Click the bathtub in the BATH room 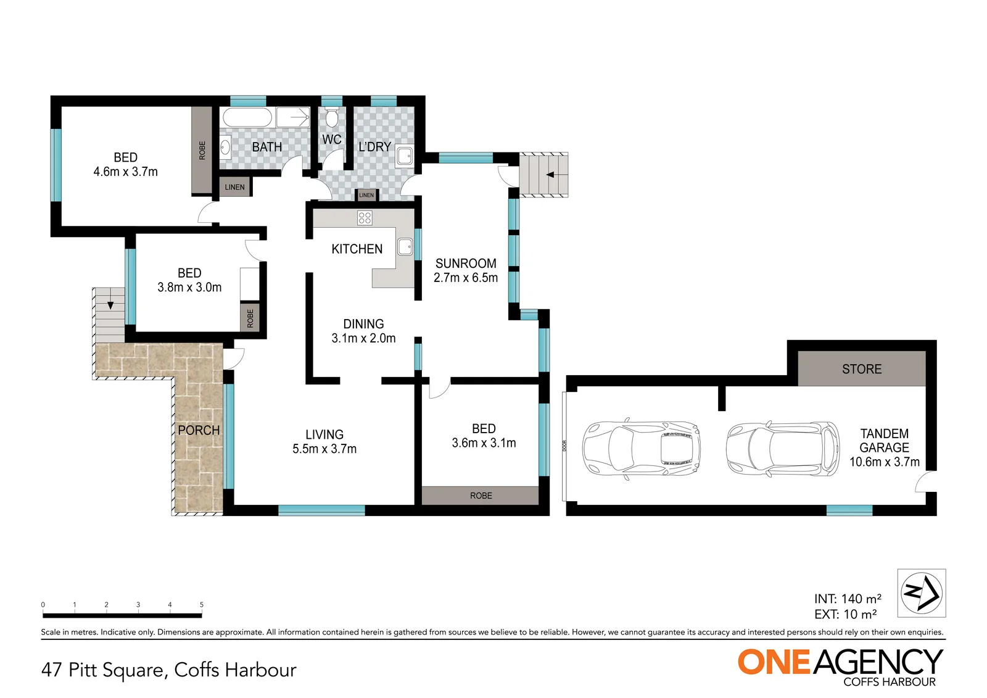[x=247, y=118]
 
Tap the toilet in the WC [x=331, y=118]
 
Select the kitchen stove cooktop [x=365, y=218]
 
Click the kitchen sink [x=405, y=247]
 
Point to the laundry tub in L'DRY [x=405, y=156]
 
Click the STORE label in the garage [x=862, y=369]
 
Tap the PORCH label [x=199, y=430]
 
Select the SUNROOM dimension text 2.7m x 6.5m [x=466, y=278]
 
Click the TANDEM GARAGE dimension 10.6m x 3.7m [x=885, y=462]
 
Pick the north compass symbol [x=922, y=593]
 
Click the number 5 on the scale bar [x=202, y=605]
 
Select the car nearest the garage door [x=642, y=449]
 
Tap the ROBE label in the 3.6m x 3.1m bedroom [x=481, y=496]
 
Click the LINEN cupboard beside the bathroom [x=235, y=187]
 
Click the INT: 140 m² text [x=848, y=599]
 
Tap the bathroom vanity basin [x=225, y=147]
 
